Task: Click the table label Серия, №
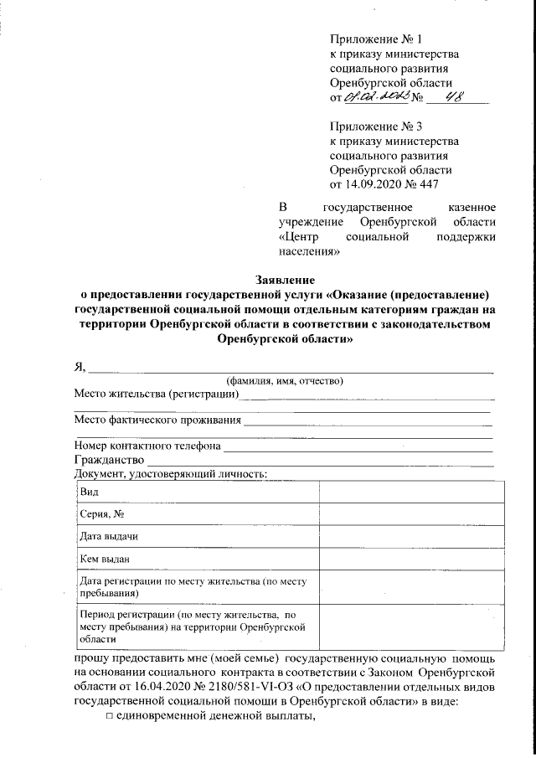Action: [x=101, y=513]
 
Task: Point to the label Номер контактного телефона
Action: [x=147, y=445]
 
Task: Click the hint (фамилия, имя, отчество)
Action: [x=285, y=381]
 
